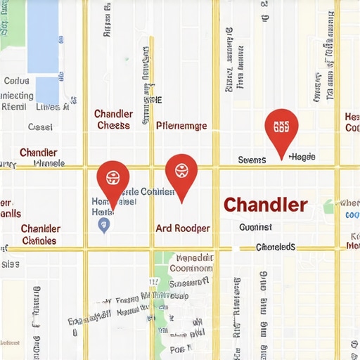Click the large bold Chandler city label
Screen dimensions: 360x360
[x=265, y=205]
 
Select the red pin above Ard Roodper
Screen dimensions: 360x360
[x=181, y=172]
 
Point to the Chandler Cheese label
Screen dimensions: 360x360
[x=112, y=120]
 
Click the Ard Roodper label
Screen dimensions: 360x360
[x=182, y=229]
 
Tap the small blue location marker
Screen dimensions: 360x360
[x=104, y=225]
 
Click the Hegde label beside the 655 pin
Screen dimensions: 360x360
[x=302, y=157]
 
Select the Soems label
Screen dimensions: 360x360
[x=252, y=160]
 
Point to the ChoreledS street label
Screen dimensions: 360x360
[x=275, y=247]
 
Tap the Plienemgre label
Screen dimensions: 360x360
[x=181, y=126]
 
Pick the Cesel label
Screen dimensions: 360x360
[x=40, y=127]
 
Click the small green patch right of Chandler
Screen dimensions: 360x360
[x=328, y=206]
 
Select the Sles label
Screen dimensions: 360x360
[x=10, y=264]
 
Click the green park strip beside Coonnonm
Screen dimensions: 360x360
[x=163, y=271]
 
